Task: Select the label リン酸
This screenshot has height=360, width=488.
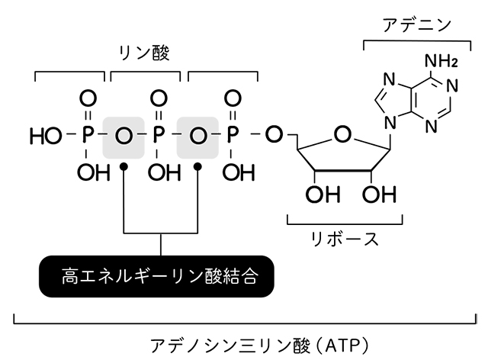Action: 145,53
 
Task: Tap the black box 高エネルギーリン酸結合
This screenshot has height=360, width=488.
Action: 158,276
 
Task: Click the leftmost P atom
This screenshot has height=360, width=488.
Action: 88,136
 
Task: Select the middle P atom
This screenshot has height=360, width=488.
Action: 159,136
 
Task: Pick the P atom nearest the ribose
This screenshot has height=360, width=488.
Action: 231,136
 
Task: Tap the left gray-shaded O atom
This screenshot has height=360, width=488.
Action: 124,137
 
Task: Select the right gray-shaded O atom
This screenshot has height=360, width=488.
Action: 197,137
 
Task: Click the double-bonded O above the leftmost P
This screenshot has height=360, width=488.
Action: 88,98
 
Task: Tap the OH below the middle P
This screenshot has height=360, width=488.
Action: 159,172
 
